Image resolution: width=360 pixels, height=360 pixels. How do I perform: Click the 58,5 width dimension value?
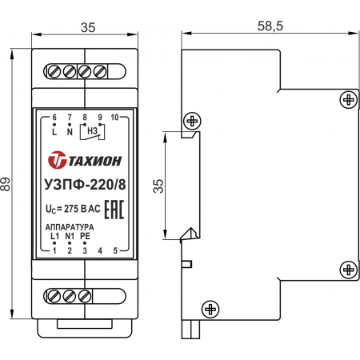point(270,26)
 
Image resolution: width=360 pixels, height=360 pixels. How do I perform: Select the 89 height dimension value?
point(6,184)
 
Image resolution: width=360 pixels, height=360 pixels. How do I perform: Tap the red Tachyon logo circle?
point(57,160)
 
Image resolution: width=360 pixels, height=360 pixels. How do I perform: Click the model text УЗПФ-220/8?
point(85,185)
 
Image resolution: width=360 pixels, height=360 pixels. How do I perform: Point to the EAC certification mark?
point(114,210)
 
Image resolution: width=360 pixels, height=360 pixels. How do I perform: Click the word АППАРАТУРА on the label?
point(70,227)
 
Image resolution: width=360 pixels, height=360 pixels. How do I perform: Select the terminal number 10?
point(114,118)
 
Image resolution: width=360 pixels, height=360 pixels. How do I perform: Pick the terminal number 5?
point(115,250)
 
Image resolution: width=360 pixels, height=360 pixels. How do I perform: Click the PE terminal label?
point(85,236)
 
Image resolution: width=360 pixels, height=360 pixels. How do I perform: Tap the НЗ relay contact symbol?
point(92,131)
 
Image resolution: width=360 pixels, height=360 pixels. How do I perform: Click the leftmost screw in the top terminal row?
point(54,71)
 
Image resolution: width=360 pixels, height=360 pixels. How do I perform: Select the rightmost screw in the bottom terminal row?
point(85,296)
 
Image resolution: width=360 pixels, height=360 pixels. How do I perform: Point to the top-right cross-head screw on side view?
point(349,100)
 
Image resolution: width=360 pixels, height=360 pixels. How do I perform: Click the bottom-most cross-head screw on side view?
point(210,310)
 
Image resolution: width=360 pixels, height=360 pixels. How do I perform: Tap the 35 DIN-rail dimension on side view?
point(158,186)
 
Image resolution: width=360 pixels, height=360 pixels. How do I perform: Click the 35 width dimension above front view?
point(88,27)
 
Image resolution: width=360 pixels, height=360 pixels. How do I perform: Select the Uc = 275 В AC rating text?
point(73,209)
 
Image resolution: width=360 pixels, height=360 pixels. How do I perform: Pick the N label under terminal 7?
point(70,132)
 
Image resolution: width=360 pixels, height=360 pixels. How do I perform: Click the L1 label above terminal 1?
point(54,236)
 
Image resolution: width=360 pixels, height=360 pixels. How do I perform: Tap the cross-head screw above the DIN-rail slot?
point(192,122)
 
